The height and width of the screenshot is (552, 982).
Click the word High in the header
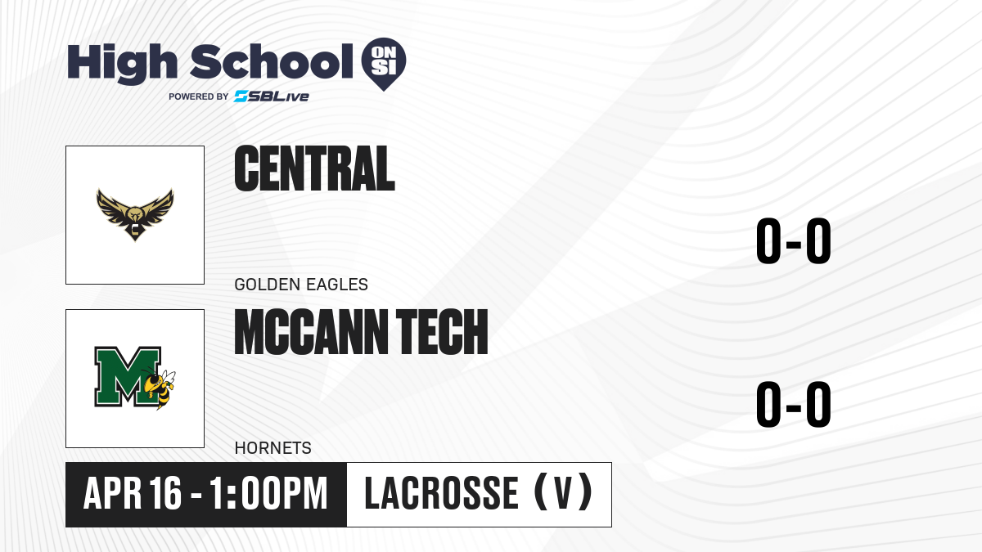pos(122,63)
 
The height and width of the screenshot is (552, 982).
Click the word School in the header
pos(272,61)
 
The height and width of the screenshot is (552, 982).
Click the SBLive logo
pos(272,96)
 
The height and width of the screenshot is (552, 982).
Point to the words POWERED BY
pos(199,96)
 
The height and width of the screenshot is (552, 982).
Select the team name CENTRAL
pos(314,168)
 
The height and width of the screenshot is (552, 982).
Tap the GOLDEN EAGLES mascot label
pos(301,285)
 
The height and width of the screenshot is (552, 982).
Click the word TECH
pos(442,332)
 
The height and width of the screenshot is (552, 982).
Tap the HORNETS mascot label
pos(273,448)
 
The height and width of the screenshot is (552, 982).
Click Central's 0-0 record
pos(794,241)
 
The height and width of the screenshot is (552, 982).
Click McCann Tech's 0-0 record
pos(794,404)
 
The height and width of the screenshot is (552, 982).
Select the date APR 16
pos(133,493)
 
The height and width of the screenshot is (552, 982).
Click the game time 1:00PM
pos(268,493)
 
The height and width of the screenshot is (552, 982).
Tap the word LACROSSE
pos(441,493)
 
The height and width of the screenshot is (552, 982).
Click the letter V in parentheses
pos(563,493)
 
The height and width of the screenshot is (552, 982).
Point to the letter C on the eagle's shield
pos(135,229)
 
